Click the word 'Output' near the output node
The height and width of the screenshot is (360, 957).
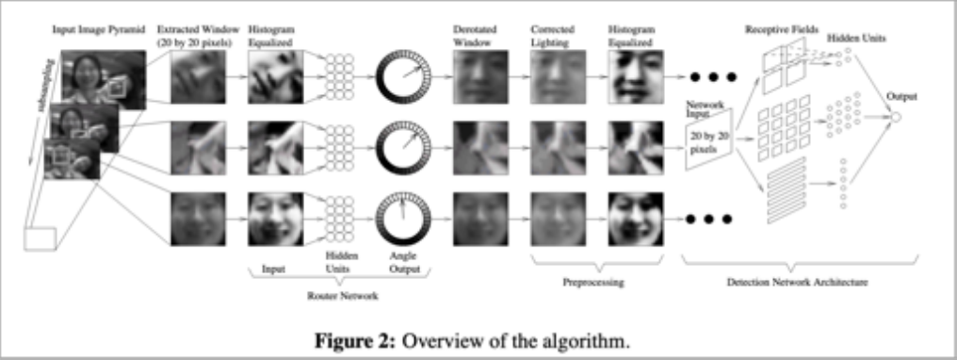[902, 96]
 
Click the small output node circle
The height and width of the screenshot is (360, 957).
[895, 117]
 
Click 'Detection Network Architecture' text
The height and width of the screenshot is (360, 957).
[797, 280]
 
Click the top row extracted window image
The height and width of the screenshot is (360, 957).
[197, 75]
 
